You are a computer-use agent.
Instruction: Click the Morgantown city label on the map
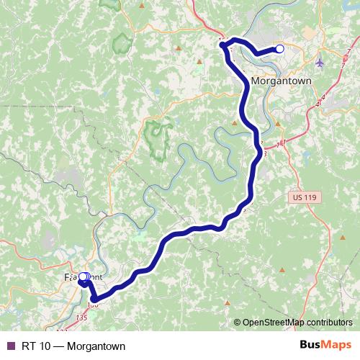click(x=282, y=81)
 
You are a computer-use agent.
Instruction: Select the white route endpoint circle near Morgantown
click(x=279, y=49)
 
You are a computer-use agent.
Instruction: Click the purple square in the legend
click(x=10, y=346)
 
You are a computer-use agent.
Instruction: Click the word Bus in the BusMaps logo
click(x=311, y=345)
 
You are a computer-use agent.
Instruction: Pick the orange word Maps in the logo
click(x=338, y=345)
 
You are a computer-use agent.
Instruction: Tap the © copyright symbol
click(x=237, y=323)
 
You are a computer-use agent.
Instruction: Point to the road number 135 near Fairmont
click(x=81, y=317)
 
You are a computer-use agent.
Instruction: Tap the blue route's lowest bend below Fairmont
click(x=94, y=298)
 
